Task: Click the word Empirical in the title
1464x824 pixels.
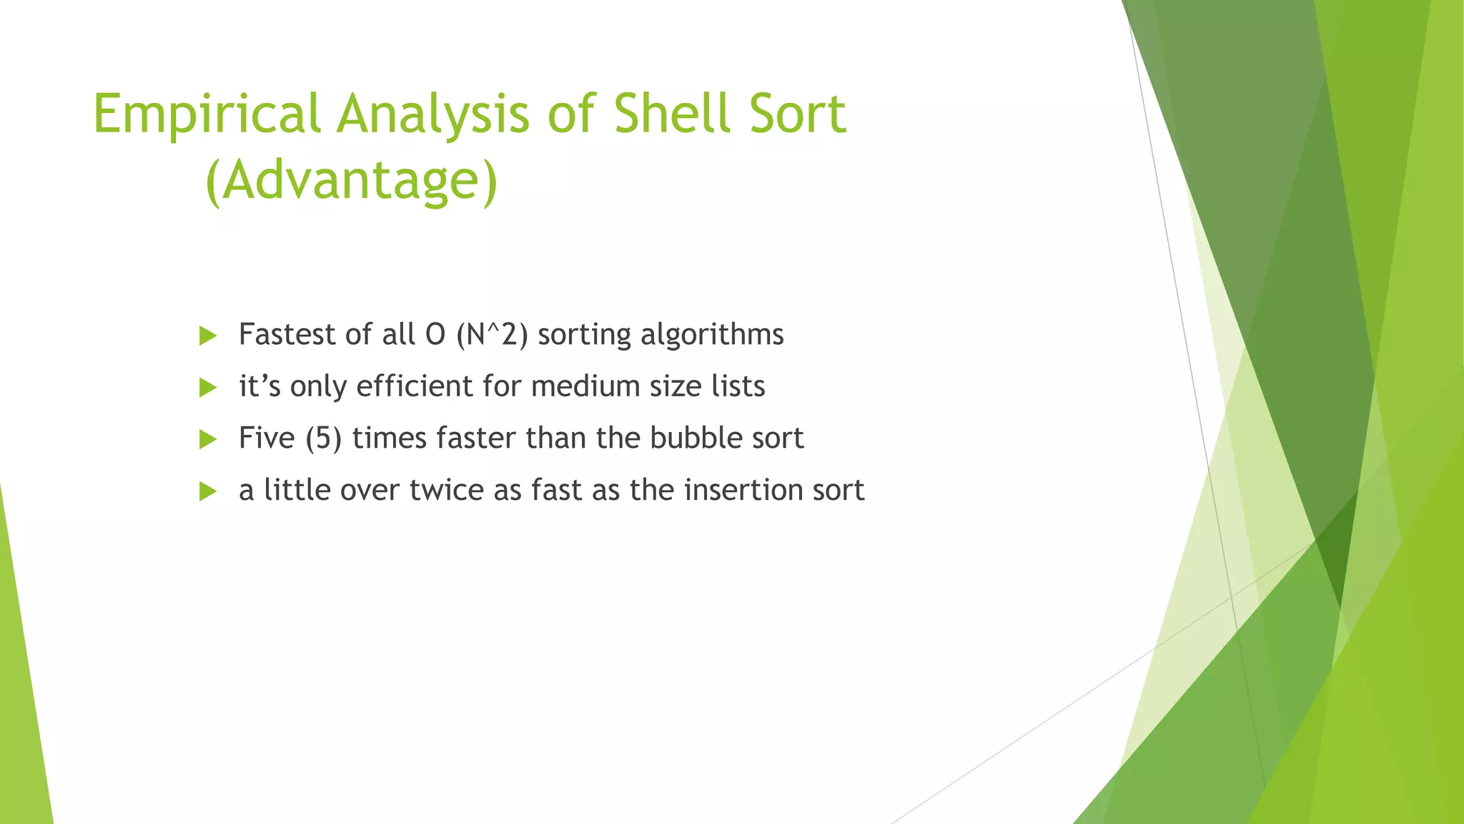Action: [206, 114]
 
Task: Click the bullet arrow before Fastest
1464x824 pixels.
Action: [208, 335]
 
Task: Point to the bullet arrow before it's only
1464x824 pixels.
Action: [208, 388]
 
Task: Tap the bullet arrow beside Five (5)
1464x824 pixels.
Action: [208, 439]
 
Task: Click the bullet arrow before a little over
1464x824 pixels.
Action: [208, 491]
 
